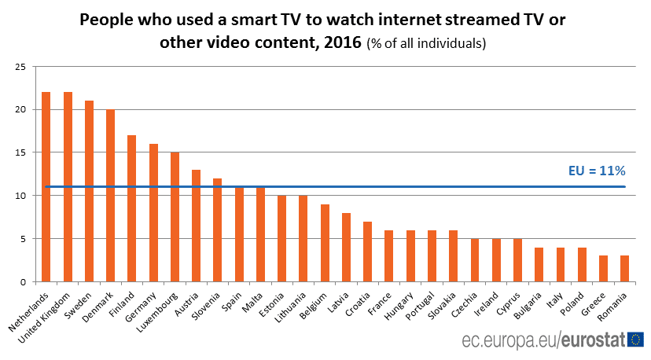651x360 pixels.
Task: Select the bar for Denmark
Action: point(110,196)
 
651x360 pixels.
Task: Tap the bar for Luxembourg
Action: point(175,217)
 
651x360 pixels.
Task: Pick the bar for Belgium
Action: point(325,243)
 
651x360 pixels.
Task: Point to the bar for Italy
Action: point(561,265)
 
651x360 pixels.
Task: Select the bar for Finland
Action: point(131,208)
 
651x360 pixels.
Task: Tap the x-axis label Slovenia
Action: point(208,303)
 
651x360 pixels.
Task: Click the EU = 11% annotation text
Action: point(596,171)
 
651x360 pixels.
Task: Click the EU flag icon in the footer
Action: point(635,340)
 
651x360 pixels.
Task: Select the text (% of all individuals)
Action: point(427,44)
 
